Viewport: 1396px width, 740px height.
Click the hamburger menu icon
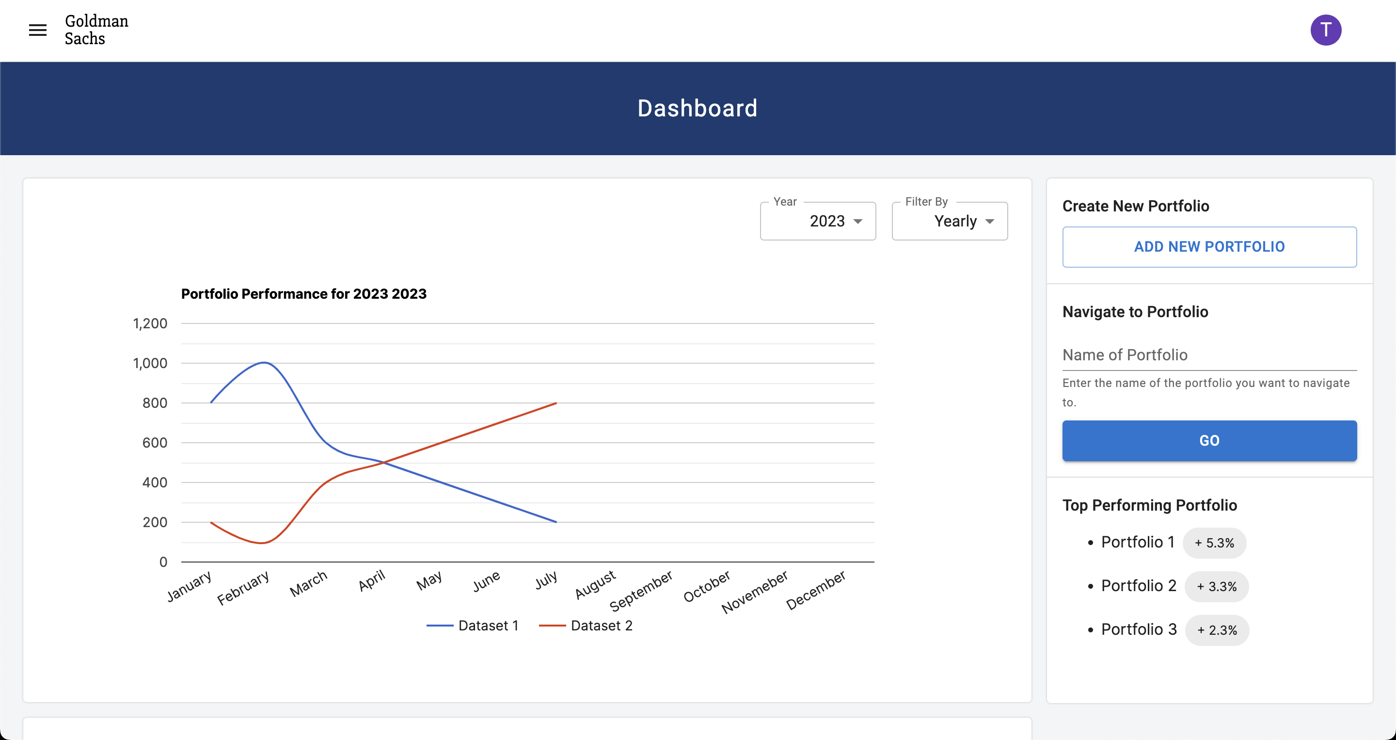point(37,31)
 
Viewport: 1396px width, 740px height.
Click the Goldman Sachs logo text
point(96,30)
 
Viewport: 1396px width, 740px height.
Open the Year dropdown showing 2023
point(818,221)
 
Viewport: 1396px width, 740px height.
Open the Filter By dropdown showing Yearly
point(950,221)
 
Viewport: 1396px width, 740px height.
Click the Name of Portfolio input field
point(1209,355)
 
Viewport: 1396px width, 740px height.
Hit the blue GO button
point(1209,441)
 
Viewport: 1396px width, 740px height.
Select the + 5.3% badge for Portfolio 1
point(1214,543)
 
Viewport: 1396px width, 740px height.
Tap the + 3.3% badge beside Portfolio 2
point(1216,587)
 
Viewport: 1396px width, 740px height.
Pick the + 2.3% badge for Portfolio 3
point(1217,630)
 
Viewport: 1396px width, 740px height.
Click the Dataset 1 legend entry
point(473,626)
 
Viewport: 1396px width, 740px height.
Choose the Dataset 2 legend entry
point(586,626)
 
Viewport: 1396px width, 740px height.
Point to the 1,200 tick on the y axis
point(150,323)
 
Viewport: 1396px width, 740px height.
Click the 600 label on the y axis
point(155,443)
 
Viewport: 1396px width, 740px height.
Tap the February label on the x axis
point(243,588)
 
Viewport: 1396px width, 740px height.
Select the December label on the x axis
point(816,589)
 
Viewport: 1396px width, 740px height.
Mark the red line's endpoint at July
point(556,403)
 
